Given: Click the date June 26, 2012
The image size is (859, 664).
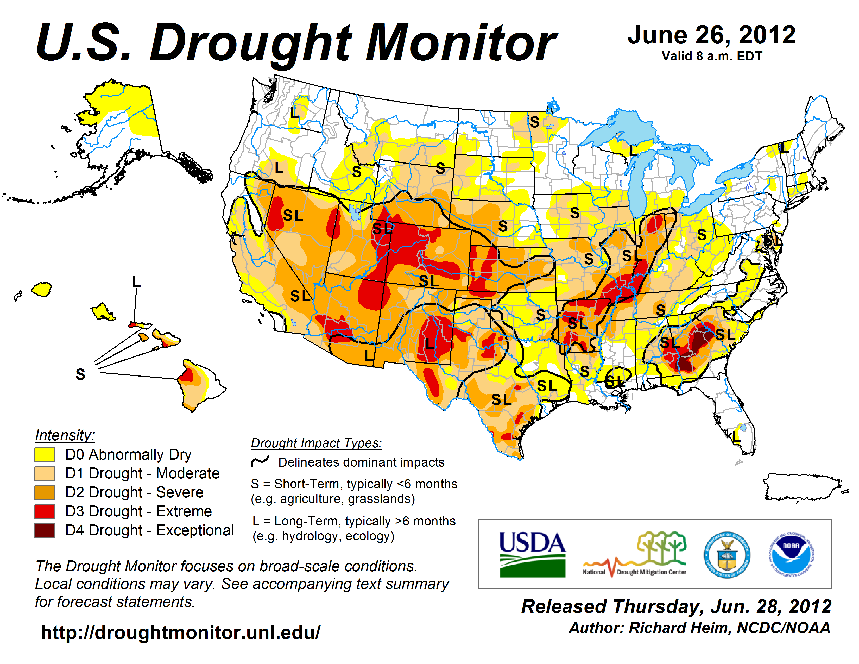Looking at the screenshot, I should tap(711, 35).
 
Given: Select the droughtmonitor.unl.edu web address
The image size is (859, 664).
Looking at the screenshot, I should tap(181, 632).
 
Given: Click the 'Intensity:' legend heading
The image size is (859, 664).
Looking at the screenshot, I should tap(65, 435).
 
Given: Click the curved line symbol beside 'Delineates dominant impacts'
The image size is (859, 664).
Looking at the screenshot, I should tap(260, 461).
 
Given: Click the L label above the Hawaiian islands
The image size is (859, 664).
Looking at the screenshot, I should tap(136, 282).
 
